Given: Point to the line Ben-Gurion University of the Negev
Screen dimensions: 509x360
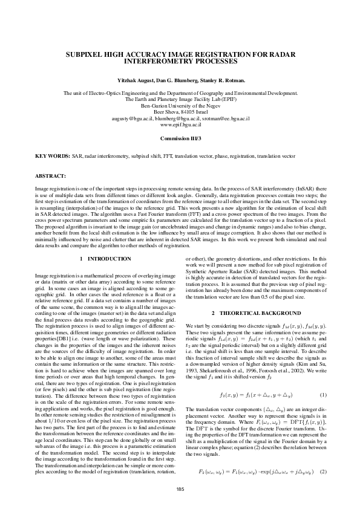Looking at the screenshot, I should click(180, 105).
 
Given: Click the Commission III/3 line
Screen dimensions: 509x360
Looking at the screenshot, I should click(180, 138).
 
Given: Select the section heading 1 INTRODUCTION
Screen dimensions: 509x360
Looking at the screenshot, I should click(105, 259).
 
